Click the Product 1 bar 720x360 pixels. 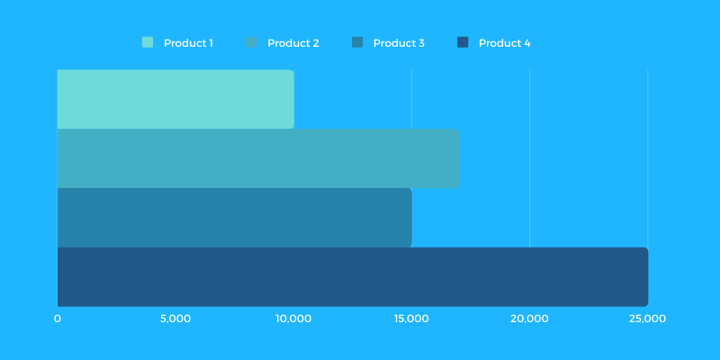[x=175, y=99]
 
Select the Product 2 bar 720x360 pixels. [x=258, y=158]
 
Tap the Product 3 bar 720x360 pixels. [x=234, y=218]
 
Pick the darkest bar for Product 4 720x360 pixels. [x=352, y=277]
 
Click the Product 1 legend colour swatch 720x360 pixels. [x=148, y=42]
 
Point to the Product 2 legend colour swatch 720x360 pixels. [x=252, y=42]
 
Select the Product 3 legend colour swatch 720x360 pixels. [x=357, y=42]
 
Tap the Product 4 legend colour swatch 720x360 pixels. [x=463, y=42]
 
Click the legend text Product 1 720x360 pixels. [x=188, y=43]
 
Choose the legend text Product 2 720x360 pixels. [x=293, y=43]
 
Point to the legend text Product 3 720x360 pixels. [x=399, y=43]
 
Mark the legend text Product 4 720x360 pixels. [x=504, y=43]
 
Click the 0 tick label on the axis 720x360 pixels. [x=58, y=319]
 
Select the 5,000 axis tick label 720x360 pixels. [x=175, y=319]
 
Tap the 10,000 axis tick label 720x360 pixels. [x=293, y=319]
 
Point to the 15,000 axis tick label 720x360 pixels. [x=411, y=319]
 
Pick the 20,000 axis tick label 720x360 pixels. [x=529, y=319]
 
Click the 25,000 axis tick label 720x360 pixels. [x=647, y=319]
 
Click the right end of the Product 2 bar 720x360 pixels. [x=456, y=158]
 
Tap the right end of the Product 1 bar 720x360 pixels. [x=292, y=99]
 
